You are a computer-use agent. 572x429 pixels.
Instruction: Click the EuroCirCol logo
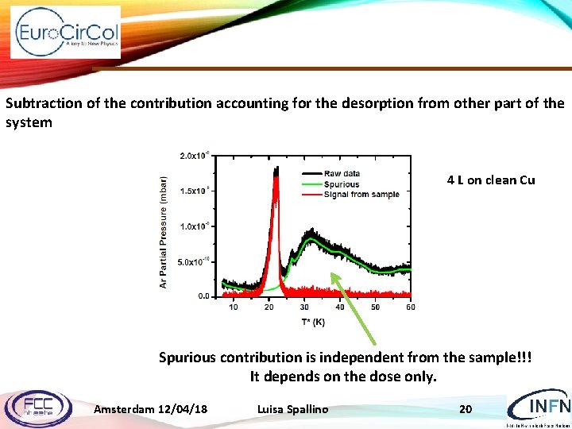click(x=67, y=33)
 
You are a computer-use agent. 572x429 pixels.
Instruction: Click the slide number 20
click(x=466, y=409)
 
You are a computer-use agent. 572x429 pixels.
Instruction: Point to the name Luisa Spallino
click(x=292, y=409)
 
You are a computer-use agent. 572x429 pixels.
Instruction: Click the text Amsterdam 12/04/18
click(x=151, y=409)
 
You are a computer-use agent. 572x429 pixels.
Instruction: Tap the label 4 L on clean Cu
click(x=491, y=180)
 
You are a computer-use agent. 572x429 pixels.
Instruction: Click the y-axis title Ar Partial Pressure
click(x=164, y=232)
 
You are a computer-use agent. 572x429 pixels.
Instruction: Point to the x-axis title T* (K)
click(x=313, y=322)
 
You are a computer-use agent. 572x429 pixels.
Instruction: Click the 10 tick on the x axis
click(x=234, y=307)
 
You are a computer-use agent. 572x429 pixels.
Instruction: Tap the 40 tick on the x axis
click(x=340, y=307)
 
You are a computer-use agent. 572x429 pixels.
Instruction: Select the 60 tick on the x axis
click(x=410, y=307)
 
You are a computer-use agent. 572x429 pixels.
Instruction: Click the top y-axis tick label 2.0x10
click(x=195, y=156)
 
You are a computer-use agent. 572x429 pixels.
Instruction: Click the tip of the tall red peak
click(x=276, y=177)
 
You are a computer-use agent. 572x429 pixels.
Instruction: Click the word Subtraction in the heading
click(x=39, y=103)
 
